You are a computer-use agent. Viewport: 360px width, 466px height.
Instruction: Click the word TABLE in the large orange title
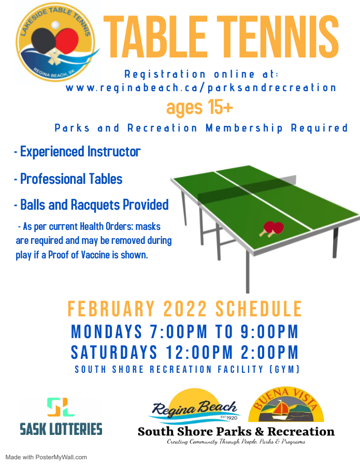pos(155,37)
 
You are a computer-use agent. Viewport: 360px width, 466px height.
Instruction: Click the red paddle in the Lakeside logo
pos(67,41)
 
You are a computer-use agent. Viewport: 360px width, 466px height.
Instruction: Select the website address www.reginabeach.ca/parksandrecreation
pos(201,88)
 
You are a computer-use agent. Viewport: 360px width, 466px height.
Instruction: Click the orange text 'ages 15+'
pos(199,107)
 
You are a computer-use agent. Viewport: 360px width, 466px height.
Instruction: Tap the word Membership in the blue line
pos(244,128)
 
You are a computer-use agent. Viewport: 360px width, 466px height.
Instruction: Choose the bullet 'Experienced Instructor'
pos(77,152)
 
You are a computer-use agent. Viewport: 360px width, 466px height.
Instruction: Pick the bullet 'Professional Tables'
pos(68,179)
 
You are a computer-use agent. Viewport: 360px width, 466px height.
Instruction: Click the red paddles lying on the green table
pos(271,228)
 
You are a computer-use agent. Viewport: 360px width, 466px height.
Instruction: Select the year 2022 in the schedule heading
pos(185,309)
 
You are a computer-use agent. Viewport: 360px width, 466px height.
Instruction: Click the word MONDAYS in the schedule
pos(106,331)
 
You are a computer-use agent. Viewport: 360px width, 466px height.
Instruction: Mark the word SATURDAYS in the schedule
pos(114,352)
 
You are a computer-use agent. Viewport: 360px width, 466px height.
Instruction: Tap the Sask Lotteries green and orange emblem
pos(61,407)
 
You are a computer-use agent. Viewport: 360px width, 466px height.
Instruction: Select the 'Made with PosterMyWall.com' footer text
pos(46,457)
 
